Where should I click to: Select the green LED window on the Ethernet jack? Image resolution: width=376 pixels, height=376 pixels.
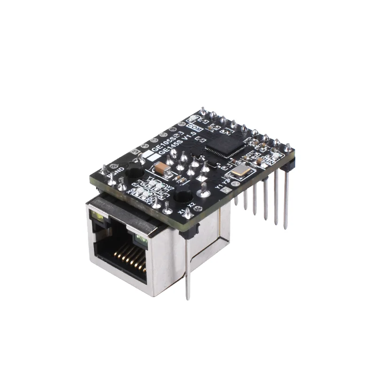coord(141,241)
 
